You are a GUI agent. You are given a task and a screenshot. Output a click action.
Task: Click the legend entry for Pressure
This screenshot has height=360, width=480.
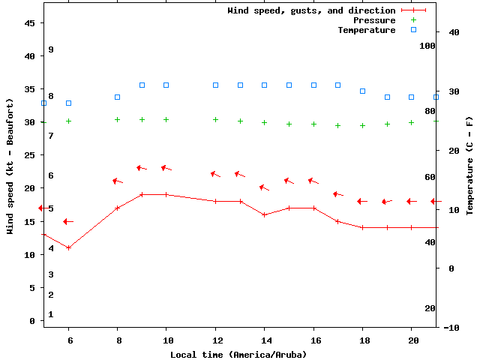tap(373, 20)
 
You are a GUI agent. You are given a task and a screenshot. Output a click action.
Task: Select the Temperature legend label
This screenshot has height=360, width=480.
tap(366, 30)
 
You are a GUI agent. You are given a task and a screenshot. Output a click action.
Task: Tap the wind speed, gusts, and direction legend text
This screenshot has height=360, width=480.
tap(311, 10)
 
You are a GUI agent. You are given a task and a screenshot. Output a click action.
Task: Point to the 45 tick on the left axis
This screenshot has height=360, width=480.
tap(30, 23)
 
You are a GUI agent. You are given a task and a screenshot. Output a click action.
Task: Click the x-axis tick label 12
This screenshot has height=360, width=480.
tap(215, 340)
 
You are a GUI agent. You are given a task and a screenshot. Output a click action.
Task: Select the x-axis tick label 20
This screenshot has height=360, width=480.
tap(411, 340)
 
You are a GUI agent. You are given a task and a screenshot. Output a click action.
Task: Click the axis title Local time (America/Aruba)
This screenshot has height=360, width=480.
tap(238, 354)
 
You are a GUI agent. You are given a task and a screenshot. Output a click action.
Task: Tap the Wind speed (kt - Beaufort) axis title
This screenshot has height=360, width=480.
tap(10, 166)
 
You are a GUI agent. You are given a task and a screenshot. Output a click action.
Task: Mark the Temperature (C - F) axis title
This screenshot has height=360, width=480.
tap(469, 166)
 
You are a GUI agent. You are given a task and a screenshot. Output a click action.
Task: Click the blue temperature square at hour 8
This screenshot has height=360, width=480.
tap(118, 97)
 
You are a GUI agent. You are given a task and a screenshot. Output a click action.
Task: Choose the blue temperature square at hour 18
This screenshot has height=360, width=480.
tap(362, 91)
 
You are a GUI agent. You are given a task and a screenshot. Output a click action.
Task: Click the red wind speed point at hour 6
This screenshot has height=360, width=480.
tap(68, 247)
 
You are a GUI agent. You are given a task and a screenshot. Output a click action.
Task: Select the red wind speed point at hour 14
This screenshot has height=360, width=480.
tap(264, 214)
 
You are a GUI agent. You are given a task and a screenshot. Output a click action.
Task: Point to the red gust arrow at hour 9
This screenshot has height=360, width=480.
tap(142, 168)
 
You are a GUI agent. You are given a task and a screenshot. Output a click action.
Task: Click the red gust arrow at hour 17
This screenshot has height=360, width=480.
tap(337, 194)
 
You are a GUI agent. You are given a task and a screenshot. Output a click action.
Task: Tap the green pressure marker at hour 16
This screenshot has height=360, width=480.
tap(313, 124)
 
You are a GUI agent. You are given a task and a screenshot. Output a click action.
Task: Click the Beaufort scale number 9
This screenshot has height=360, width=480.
tap(50, 49)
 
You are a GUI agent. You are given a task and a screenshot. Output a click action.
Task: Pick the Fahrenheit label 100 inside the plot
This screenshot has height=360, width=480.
tap(427, 46)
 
